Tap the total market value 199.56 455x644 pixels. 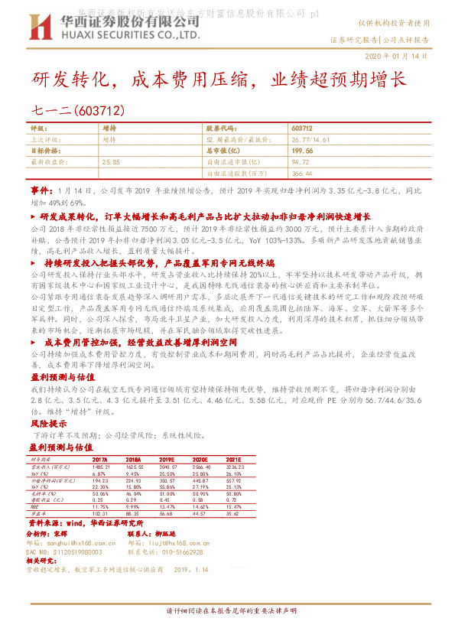click(301, 151)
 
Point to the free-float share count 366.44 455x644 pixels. click(301, 173)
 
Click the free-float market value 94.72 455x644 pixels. click(300, 162)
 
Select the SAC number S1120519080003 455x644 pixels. click(65, 551)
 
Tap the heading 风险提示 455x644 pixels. click(44, 422)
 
